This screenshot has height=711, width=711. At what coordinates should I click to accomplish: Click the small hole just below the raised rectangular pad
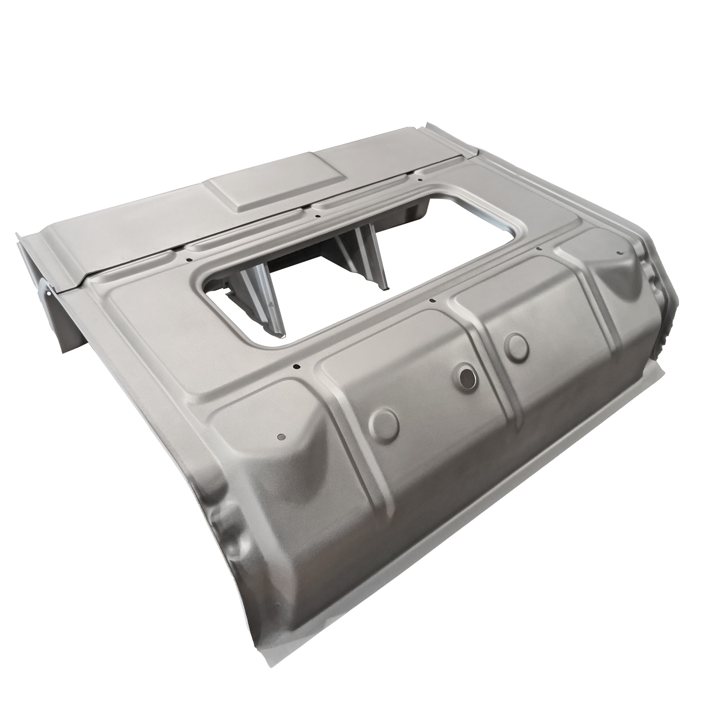317,216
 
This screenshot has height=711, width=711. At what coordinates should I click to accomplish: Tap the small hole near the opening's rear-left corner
188,259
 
